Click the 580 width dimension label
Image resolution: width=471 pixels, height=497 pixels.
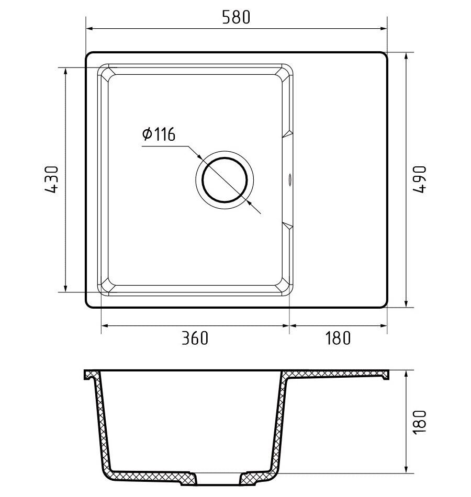click(236, 17)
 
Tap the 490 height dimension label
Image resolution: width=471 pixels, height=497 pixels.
click(420, 179)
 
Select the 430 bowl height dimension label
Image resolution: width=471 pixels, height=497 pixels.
click(52, 179)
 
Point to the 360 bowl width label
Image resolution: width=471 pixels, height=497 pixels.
click(195, 338)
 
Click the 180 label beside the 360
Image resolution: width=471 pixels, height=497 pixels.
click(338, 338)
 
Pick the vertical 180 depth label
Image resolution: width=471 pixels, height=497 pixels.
click(420, 422)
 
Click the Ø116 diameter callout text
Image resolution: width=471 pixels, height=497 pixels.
click(159, 134)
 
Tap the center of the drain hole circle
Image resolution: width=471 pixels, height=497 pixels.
click(224, 180)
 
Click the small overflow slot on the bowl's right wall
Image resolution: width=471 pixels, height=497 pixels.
click(289, 179)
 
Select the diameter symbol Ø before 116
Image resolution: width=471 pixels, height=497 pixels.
click(147, 134)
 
